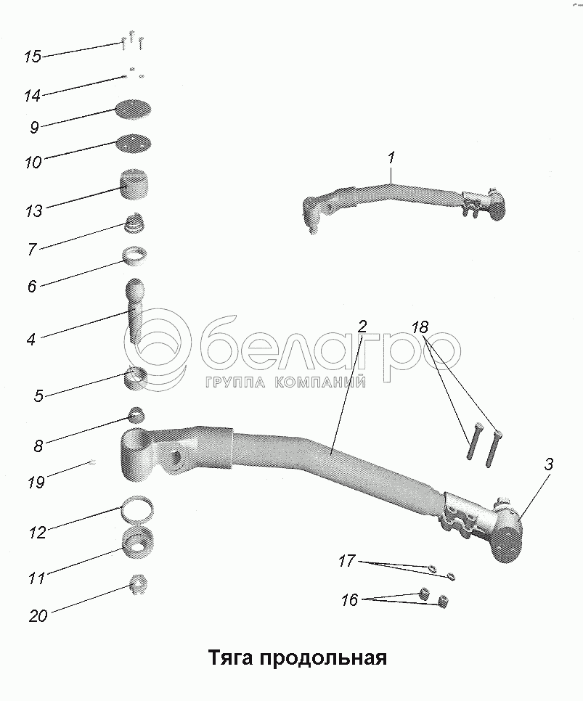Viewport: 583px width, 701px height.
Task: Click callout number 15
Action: [x=32, y=56]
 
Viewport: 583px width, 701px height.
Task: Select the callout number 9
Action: [x=34, y=128]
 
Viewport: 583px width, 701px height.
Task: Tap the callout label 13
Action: [x=33, y=210]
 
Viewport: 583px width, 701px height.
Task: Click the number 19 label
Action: [x=36, y=481]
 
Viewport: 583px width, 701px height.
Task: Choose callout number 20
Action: [x=38, y=616]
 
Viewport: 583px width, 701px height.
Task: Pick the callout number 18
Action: [x=420, y=327]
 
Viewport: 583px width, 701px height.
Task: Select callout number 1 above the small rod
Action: [x=391, y=157]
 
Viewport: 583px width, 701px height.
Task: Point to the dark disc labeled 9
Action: [x=134, y=110]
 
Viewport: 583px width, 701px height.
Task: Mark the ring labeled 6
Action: [x=135, y=255]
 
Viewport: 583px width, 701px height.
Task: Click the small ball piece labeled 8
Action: [x=137, y=415]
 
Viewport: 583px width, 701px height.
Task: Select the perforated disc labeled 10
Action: [x=134, y=143]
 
